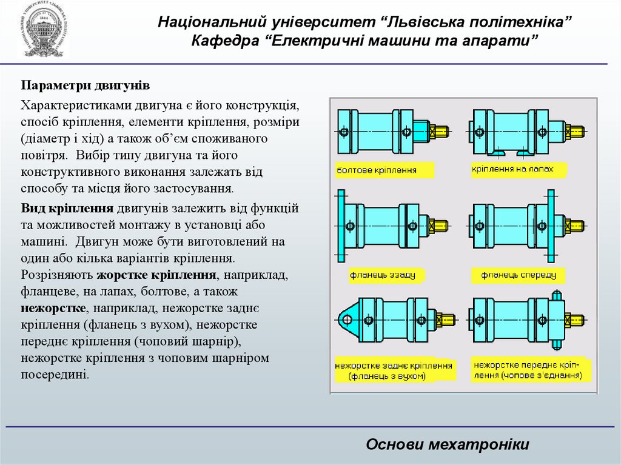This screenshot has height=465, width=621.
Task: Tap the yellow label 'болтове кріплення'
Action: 384,170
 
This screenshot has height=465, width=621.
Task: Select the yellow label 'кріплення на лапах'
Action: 513,169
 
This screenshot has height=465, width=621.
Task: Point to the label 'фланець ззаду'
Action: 382,275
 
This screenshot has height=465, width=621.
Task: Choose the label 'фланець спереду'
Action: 519,275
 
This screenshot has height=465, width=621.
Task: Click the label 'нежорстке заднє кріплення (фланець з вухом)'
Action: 394,371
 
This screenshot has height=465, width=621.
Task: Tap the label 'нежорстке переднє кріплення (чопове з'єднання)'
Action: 528,370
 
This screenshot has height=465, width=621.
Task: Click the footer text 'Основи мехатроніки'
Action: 448,444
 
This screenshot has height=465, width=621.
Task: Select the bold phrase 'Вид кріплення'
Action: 67,209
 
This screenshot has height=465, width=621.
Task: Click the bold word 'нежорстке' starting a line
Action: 53,307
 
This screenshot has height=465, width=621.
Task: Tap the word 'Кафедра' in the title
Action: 226,41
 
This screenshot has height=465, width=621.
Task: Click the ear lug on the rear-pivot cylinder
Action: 346,319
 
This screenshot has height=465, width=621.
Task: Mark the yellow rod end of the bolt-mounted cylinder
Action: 440,130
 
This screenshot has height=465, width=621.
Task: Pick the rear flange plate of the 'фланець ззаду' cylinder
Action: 341,226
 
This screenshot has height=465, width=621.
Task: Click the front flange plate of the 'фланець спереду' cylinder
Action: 551,226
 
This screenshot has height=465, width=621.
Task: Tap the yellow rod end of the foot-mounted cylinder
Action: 575,130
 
